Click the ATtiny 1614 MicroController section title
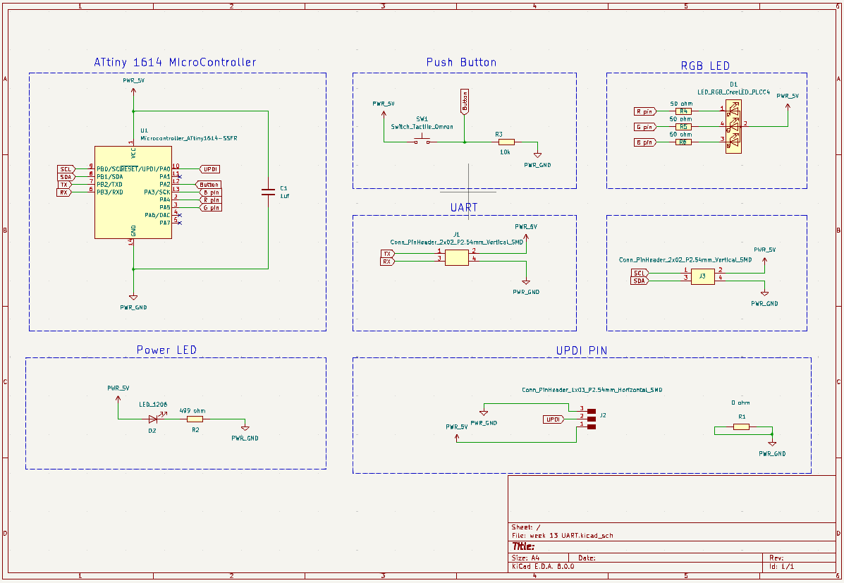click(175, 63)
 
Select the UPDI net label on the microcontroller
click(210, 169)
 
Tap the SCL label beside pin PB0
click(66, 169)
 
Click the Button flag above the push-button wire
click(464, 102)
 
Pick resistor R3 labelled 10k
click(506, 142)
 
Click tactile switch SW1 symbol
click(422, 142)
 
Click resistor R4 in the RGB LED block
click(683, 111)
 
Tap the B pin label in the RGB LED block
click(644, 142)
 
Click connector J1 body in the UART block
click(457, 257)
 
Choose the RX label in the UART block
click(387, 262)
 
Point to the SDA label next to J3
click(639, 281)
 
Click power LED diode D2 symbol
click(153, 419)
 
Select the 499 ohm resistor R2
click(195, 419)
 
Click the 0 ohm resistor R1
click(741, 426)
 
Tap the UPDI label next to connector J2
click(554, 419)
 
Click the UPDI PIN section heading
click(582, 350)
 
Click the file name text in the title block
click(562, 536)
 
